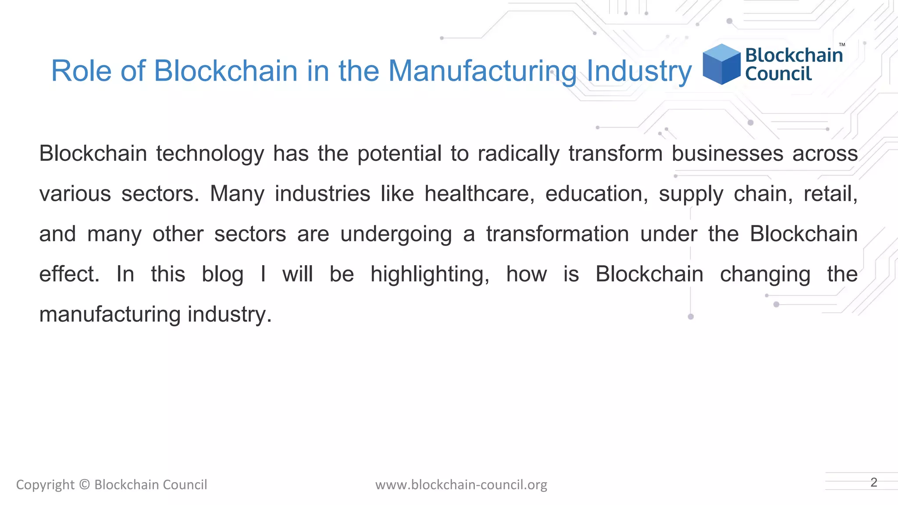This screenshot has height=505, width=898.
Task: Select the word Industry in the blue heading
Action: coord(639,71)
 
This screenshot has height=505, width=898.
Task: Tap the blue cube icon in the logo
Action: coord(721,64)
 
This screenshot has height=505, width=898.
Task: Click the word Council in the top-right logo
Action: coord(778,74)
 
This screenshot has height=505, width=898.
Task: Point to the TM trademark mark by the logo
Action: coord(842,45)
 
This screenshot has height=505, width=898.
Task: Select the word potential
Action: coord(399,153)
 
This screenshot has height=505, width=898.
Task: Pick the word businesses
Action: coord(727,153)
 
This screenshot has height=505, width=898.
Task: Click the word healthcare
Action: coord(479,194)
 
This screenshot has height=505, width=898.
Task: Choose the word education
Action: coord(596,194)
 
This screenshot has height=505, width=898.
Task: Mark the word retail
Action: coord(830,194)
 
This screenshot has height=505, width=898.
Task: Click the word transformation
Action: coord(557,234)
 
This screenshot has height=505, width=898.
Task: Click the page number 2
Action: coord(873,482)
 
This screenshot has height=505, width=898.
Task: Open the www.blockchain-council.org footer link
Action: coord(461,485)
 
